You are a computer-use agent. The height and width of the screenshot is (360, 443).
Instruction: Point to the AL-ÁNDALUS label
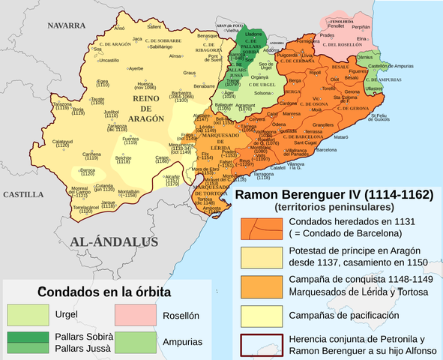[x=115, y=241]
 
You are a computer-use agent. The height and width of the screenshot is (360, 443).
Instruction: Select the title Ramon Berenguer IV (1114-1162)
[x=334, y=195]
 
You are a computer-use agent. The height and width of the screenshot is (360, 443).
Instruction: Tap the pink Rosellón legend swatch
[x=135, y=315]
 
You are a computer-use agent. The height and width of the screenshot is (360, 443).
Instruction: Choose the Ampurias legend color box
[x=135, y=341]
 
